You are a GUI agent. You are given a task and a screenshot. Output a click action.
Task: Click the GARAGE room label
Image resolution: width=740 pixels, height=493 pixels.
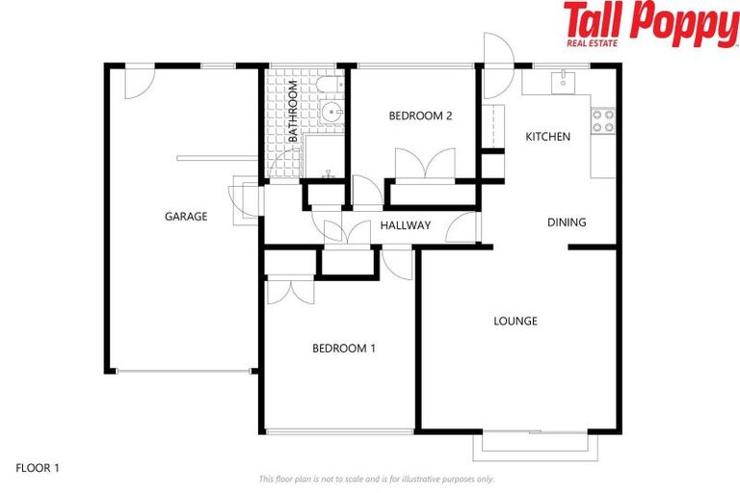tap(186, 217)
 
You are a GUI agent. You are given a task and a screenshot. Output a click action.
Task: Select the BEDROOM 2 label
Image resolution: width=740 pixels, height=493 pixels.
tap(420, 116)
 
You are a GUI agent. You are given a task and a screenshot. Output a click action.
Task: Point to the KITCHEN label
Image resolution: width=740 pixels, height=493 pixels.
tap(547, 137)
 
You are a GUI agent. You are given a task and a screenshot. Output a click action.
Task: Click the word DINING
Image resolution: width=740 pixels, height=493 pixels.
tap(567, 222)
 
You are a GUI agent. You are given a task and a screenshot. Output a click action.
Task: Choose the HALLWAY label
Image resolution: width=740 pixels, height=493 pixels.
tap(405, 226)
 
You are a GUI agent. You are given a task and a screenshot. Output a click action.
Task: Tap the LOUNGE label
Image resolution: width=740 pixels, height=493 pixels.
tap(515, 321)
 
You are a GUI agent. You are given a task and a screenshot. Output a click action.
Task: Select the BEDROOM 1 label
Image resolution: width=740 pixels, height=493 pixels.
tap(344, 348)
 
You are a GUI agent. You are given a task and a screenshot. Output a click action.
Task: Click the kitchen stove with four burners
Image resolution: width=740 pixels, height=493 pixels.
tap(603, 120)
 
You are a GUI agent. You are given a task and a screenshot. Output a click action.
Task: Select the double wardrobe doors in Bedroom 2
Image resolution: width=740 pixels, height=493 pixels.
tap(425, 164)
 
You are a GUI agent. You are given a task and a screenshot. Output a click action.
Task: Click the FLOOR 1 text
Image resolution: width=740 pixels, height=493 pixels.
tap(38, 468)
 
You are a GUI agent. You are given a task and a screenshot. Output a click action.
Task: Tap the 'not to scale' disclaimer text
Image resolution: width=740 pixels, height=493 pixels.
tap(376, 479)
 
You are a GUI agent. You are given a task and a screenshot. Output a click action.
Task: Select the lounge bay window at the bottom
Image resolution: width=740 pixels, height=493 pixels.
tap(541, 445)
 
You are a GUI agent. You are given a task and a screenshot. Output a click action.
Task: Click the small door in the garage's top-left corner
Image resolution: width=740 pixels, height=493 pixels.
tap(135, 82)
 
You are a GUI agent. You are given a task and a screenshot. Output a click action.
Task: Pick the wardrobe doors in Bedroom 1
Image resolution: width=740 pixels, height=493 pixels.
tap(289, 290)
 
